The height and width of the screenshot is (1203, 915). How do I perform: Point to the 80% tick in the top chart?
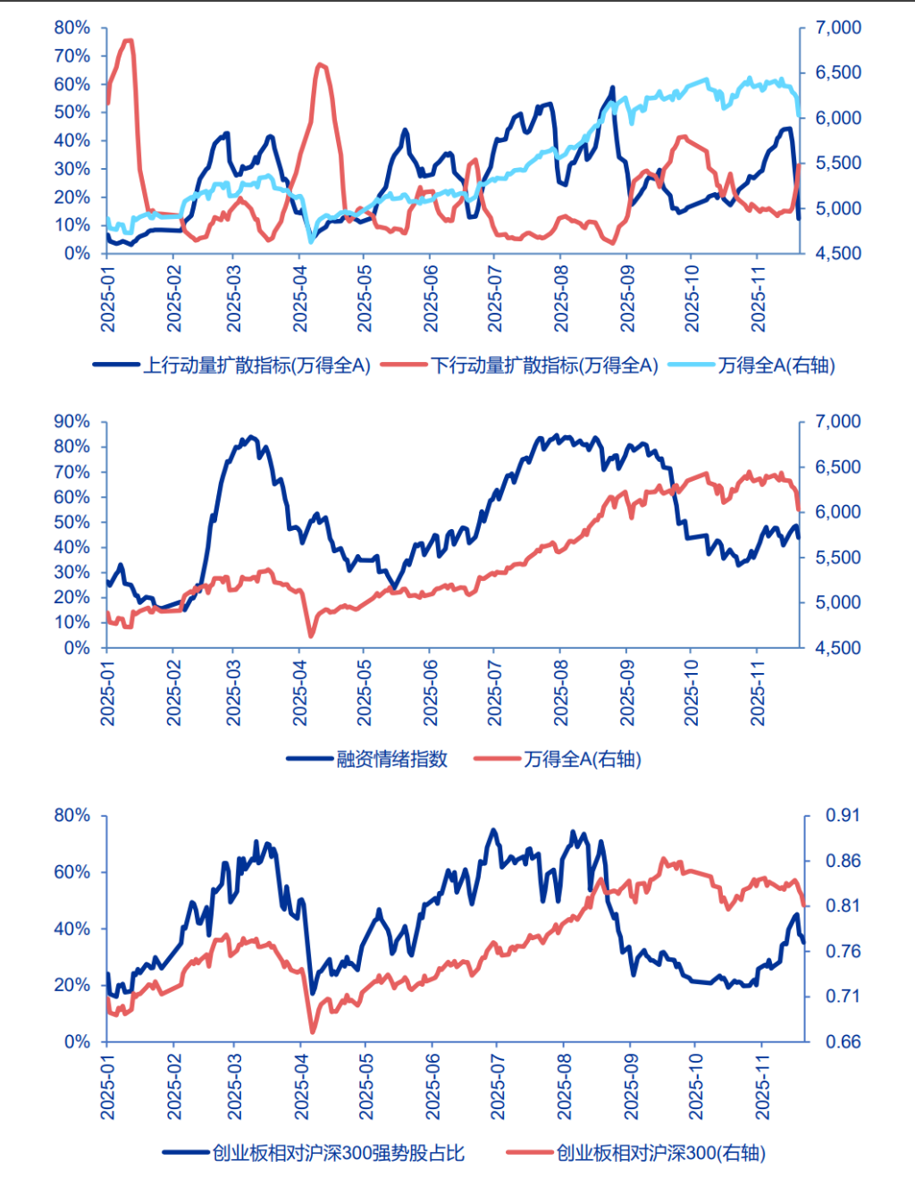(72, 28)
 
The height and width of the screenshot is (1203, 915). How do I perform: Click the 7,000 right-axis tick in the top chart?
(838, 28)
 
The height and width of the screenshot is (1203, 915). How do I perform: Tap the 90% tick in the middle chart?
(72, 421)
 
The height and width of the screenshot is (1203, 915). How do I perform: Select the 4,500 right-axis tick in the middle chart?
(838, 647)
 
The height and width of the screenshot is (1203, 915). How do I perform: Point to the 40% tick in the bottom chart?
(72, 929)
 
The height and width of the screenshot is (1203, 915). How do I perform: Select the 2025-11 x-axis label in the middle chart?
(759, 693)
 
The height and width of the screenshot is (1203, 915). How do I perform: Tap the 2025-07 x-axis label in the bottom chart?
(498, 1086)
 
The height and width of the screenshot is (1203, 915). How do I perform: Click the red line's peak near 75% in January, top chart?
(127, 40)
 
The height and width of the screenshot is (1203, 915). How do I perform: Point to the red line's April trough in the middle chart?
(311, 635)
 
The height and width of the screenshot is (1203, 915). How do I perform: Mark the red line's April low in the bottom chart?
(313, 1031)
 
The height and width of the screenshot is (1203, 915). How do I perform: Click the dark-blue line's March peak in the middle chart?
(250, 437)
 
